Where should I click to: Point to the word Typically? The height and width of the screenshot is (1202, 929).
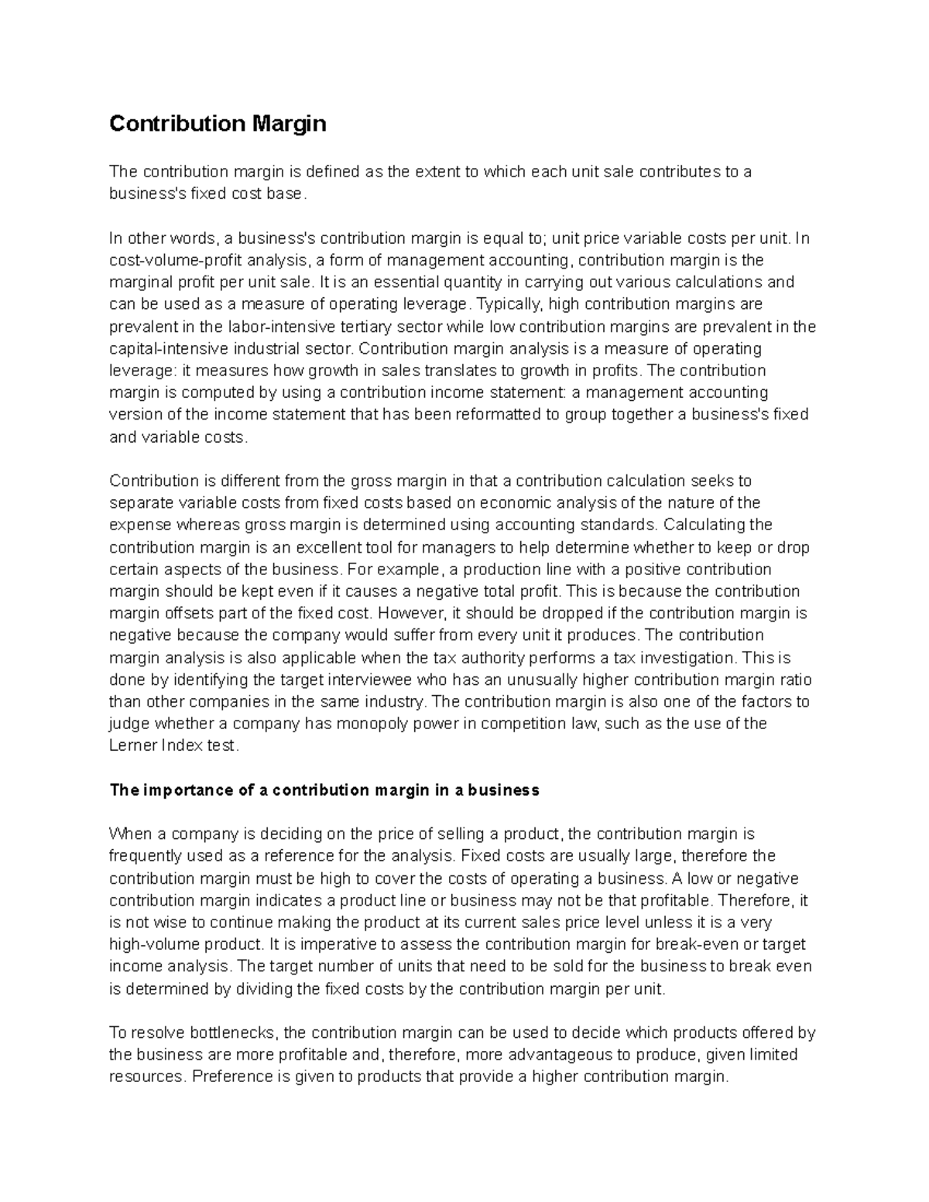pyautogui.click(x=509, y=304)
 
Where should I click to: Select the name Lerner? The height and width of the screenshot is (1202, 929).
pyautogui.click(x=132, y=747)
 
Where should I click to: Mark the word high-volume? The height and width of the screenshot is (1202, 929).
pyautogui.click(x=154, y=945)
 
